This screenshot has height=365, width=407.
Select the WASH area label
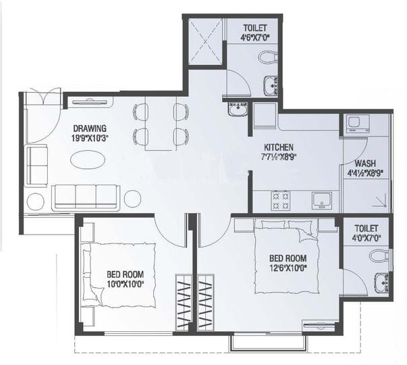click(x=366, y=163)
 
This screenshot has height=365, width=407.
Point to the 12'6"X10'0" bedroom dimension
click(x=288, y=268)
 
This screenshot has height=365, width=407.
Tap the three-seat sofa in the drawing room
click(x=86, y=196)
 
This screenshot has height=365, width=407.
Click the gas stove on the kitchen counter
click(x=280, y=199)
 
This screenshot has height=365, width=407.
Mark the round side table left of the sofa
click(x=36, y=201)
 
